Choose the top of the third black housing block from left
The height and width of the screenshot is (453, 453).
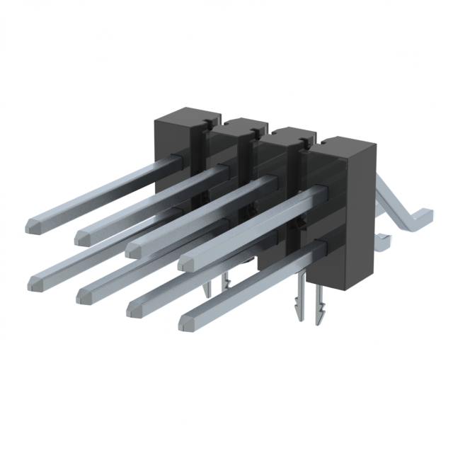(287, 137)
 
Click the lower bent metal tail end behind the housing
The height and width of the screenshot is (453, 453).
(382, 241)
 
